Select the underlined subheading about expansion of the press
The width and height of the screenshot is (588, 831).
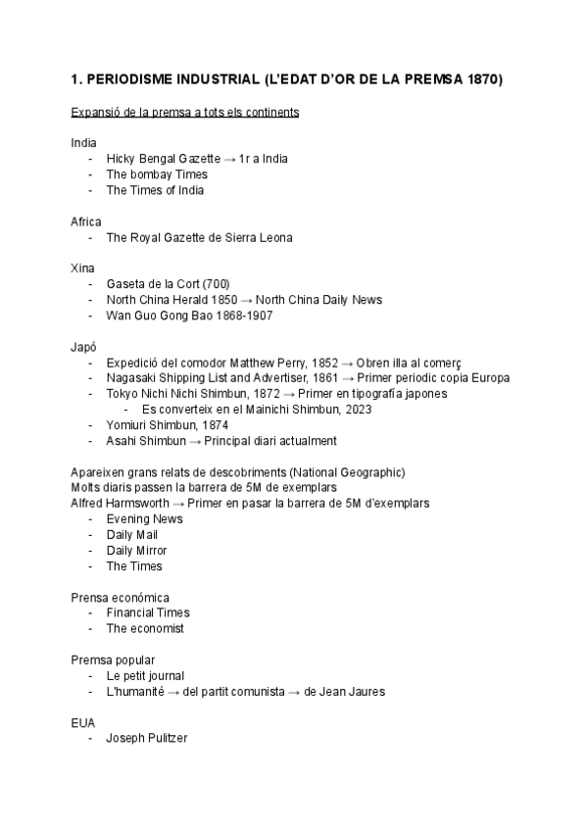[x=185, y=113]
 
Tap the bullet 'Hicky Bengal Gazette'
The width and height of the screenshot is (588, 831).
[x=164, y=159]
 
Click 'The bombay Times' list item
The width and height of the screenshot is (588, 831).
[x=157, y=174]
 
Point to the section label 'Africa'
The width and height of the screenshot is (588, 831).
[x=86, y=221]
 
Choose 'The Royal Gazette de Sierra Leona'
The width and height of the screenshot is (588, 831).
[x=199, y=237]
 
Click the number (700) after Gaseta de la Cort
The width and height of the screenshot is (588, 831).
[x=216, y=284]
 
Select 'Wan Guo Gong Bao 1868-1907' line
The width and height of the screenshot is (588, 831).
[x=189, y=316]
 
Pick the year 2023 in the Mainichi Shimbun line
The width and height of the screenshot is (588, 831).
[x=358, y=410]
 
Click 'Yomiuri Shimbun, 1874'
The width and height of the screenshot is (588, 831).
[x=167, y=425]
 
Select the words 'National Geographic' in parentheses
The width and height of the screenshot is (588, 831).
[x=340, y=472]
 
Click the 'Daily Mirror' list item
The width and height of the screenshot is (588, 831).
[x=137, y=551]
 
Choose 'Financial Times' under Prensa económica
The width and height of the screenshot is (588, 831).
[x=148, y=613]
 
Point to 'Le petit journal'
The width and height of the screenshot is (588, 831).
[x=145, y=676]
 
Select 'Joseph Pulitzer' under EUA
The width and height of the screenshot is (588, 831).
[x=147, y=739]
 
